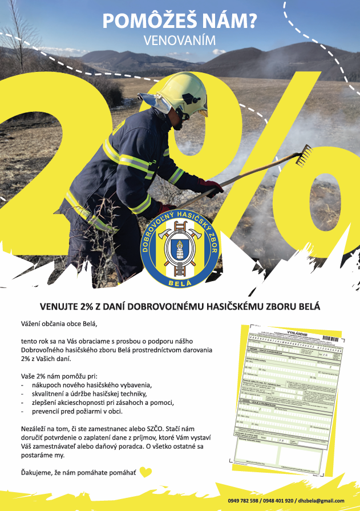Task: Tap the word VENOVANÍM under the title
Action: (180, 41)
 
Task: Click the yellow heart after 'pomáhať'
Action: (146, 472)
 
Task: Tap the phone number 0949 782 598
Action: (254, 501)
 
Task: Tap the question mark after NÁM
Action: (249, 21)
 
